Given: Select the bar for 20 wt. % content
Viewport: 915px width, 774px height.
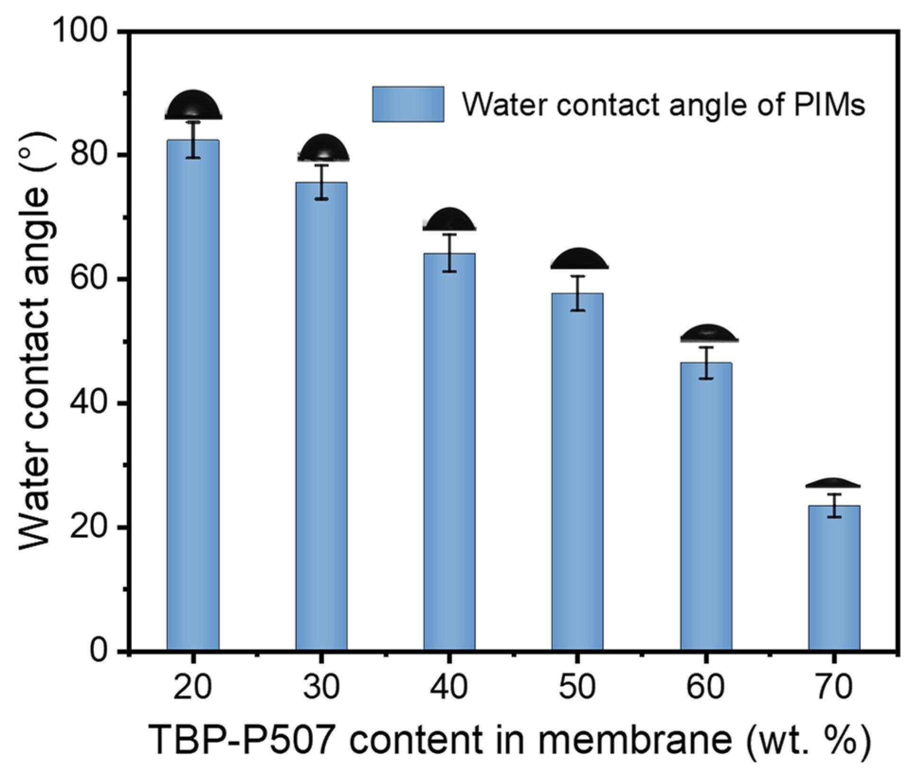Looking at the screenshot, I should (193, 393).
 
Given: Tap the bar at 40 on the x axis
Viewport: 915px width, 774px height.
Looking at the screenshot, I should (449, 450).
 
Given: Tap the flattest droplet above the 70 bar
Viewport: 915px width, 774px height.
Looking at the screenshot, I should (833, 483).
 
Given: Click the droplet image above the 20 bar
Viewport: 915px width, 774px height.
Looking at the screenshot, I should (193, 105).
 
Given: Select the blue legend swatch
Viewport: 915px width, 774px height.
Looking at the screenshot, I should (408, 104).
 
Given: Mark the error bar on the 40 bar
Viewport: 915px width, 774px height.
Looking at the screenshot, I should (449, 253).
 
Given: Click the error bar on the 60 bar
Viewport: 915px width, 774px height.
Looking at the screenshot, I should (706, 363).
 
